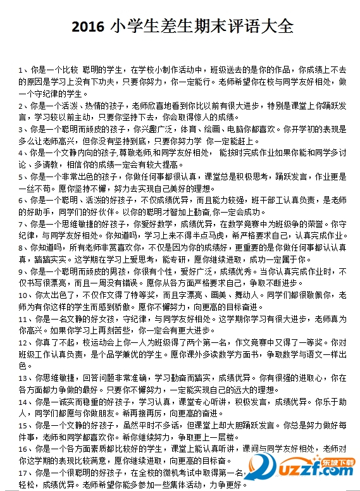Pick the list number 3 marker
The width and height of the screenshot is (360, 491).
[22, 129]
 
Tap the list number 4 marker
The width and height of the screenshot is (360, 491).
[22, 153]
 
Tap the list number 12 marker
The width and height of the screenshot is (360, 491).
[23, 342]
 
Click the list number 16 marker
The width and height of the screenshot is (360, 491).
[23, 449]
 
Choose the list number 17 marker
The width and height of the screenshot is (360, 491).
[23, 473]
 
